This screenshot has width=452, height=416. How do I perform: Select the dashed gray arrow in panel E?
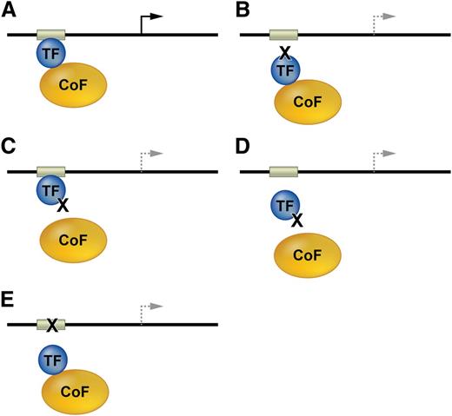[150, 310]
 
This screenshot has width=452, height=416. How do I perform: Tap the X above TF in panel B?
[282, 51]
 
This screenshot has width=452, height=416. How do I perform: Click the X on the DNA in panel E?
[51, 326]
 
